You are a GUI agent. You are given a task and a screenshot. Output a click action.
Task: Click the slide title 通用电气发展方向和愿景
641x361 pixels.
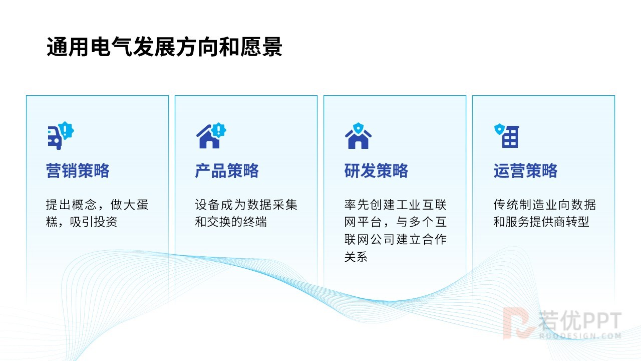pos(165,47)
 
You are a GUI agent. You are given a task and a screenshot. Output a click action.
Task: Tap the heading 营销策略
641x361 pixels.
pos(78,171)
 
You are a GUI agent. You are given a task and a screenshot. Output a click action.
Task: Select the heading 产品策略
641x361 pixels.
pos(227,171)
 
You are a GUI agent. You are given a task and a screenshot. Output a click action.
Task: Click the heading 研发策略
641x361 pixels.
pos(376,171)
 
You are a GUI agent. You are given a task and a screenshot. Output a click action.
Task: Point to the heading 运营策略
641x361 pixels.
pos(526,171)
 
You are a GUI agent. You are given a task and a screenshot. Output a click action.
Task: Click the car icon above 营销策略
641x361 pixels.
pos(61,135)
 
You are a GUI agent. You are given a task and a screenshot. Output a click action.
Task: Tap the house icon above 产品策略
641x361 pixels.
pos(211,135)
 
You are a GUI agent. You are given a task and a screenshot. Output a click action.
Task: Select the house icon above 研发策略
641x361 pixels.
pos(358,136)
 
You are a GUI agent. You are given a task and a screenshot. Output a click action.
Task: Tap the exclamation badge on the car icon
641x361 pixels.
pos(67,130)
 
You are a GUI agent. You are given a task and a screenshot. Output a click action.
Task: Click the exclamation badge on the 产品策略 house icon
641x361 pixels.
pos(219,130)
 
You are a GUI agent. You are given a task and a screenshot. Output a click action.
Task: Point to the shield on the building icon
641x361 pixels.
pos(499,129)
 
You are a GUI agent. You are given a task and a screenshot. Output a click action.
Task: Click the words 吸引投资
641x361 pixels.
pos(94,222)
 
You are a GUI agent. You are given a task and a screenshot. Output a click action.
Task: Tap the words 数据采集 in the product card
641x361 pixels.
pos(272,205)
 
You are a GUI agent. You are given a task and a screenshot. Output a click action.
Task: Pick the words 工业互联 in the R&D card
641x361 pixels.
pos(421,205)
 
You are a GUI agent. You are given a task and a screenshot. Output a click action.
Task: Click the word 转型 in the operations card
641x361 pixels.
pos(577,222)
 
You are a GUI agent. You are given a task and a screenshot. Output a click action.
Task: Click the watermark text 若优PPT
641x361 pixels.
pos(580,320)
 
